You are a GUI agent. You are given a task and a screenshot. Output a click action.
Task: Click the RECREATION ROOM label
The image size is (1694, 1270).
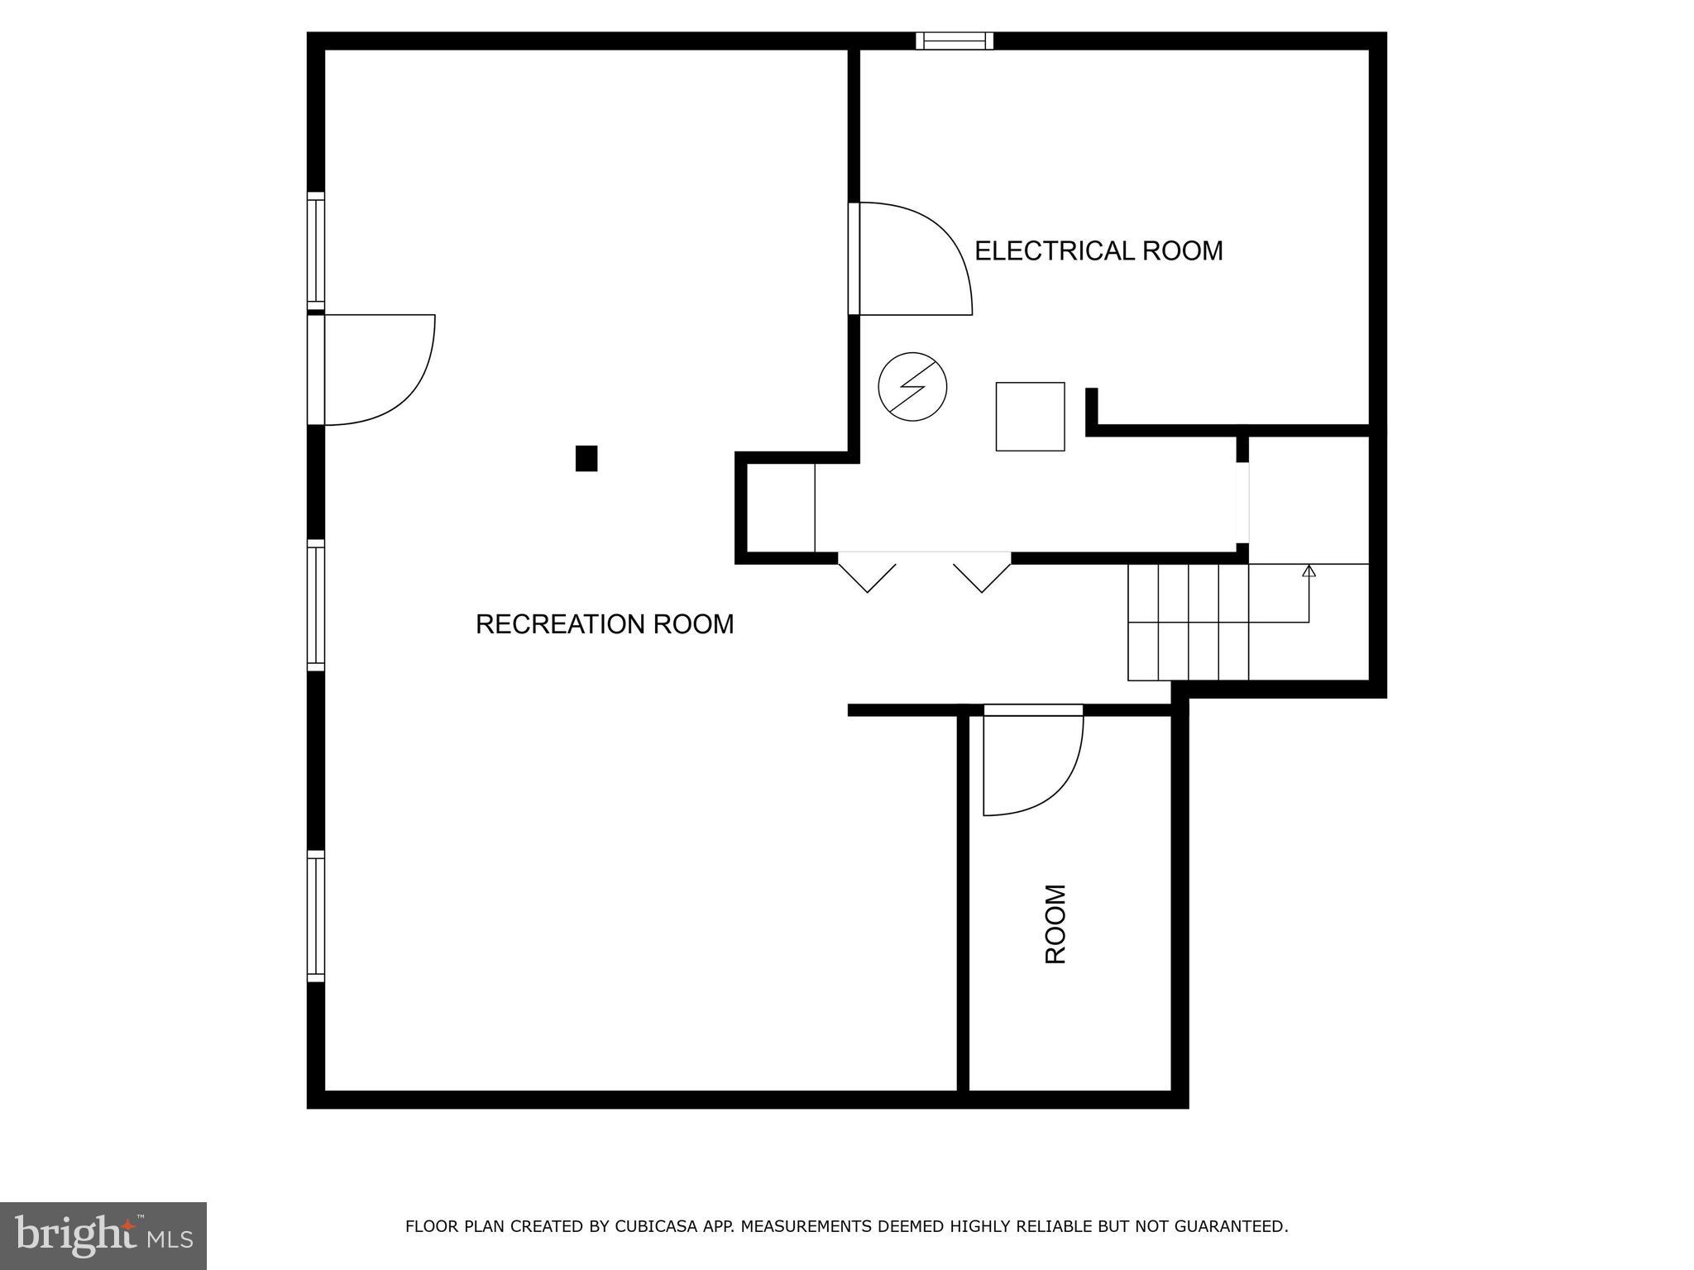pyautogui.click(x=604, y=624)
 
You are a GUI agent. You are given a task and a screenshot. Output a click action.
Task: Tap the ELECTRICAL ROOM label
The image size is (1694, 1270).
pyautogui.click(x=1098, y=251)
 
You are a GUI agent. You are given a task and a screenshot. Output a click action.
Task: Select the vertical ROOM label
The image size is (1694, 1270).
pyautogui.click(x=1055, y=924)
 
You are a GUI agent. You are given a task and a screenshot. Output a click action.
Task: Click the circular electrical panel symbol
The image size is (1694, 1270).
pyautogui.click(x=912, y=386)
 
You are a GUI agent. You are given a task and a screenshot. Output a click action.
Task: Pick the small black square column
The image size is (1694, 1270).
pyautogui.click(x=586, y=458)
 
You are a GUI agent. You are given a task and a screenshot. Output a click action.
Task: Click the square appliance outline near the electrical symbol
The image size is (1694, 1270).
pyautogui.click(x=1030, y=417)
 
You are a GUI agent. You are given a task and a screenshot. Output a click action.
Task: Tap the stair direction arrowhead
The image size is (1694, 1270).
pyautogui.click(x=1309, y=571)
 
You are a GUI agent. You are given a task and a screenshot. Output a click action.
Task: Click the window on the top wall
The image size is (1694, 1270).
pyautogui.click(x=955, y=41)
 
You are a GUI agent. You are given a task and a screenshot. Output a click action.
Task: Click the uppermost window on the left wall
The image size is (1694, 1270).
pyautogui.click(x=316, y=251)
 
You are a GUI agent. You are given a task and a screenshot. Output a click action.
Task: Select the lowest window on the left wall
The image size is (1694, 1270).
pyautogui.click(x=316, y=916)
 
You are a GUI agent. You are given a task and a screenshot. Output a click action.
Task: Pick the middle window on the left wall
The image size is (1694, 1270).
pyautogui.click(x=316, y=604)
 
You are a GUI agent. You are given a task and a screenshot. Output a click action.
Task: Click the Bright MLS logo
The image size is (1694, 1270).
pyautogui.click(x=103, y=1235)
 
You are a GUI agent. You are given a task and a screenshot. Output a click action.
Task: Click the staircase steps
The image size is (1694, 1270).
pyautogui.click(x=1188, y=622)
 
